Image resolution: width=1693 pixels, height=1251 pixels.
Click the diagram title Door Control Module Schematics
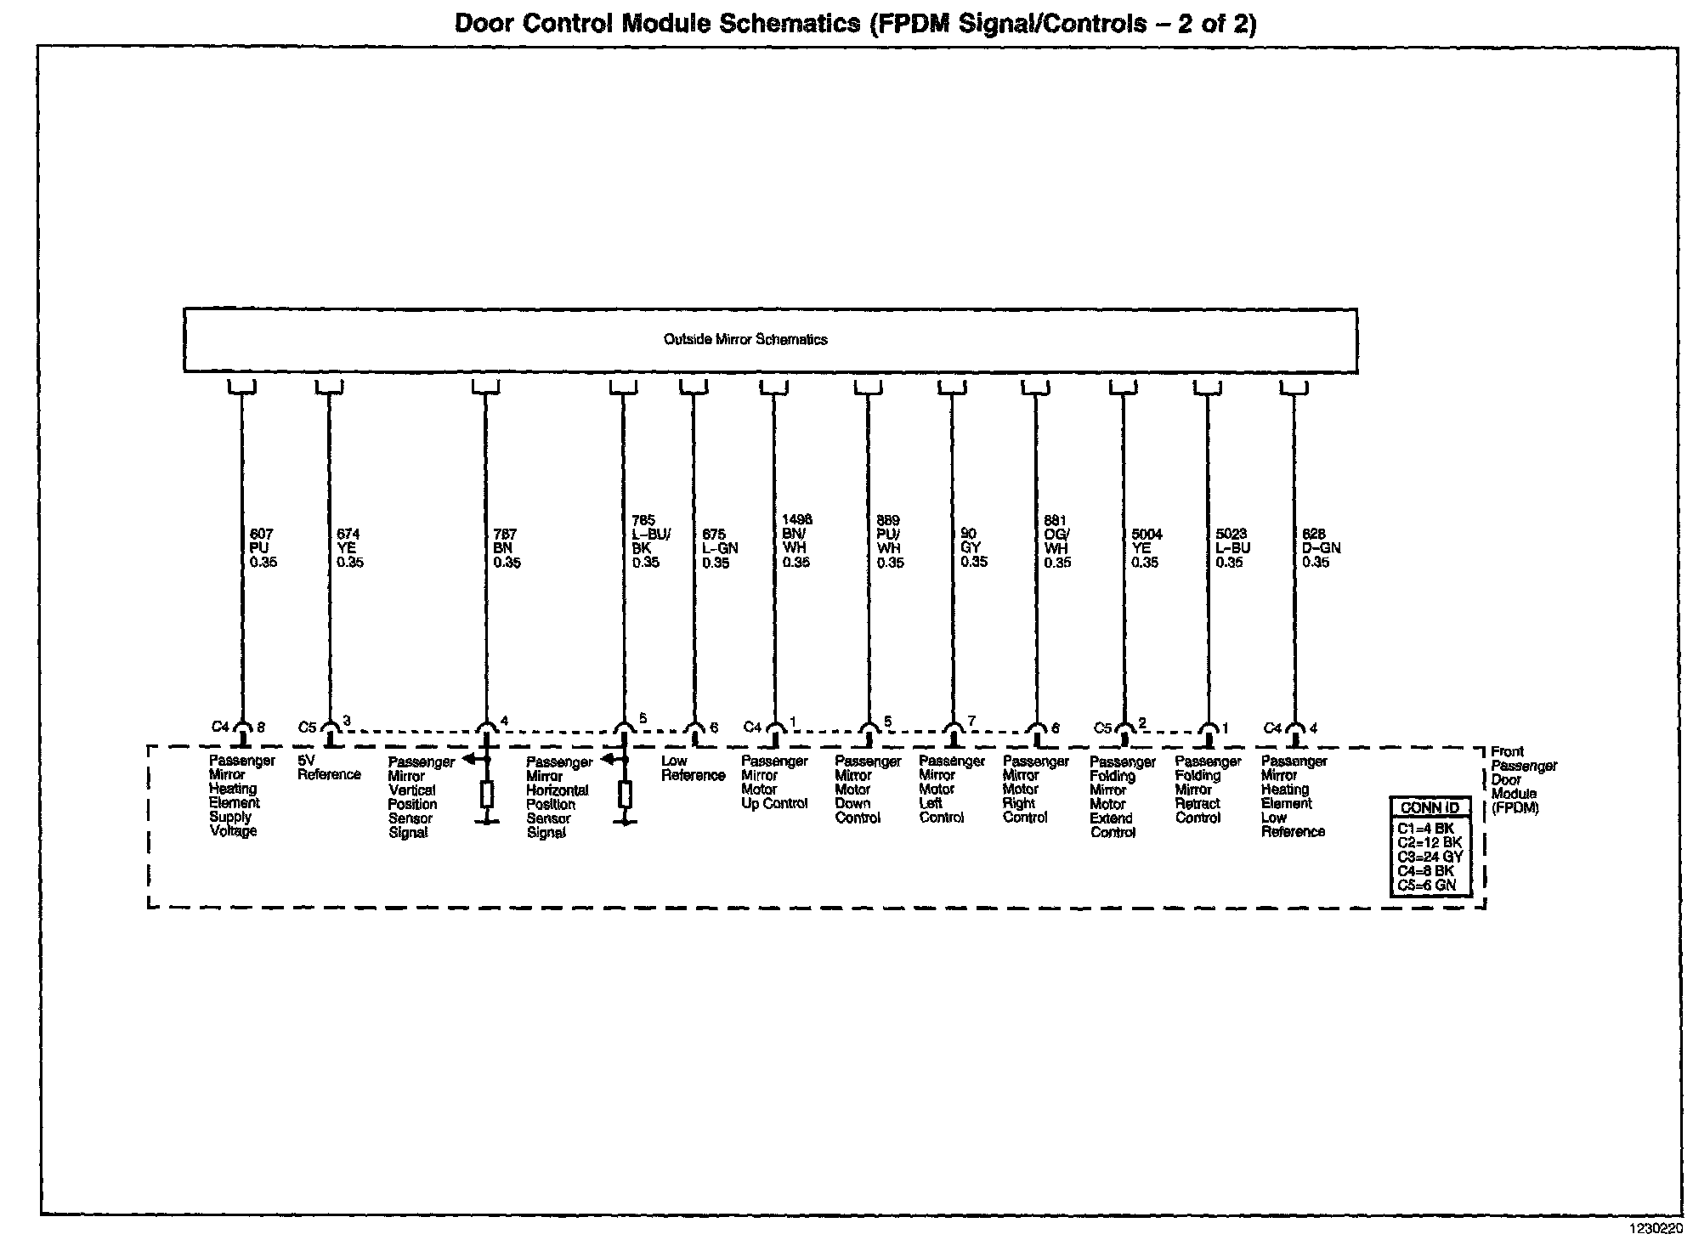pos(855,23)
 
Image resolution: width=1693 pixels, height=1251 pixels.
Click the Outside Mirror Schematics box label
pos(745,340)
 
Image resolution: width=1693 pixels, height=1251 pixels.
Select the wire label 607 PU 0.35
pos(263,548)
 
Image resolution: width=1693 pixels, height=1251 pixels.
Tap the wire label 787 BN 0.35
pos(506,548)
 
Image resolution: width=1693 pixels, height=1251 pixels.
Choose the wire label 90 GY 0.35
pos(973,548)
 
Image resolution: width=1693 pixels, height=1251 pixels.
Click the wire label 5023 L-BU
pos(1232,548)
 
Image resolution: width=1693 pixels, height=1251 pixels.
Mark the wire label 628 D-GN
pos(1321,548)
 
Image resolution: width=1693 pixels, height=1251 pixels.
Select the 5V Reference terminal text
pos(328,767)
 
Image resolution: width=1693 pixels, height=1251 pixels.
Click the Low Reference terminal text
pos(693,768)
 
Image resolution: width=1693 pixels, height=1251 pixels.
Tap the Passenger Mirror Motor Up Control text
pos(774,782)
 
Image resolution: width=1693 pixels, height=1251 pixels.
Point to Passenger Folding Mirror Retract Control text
pos(1208,790)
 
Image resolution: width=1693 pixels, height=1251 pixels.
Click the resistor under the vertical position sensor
pos(487,795)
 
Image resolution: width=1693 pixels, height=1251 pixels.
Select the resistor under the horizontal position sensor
pos(625,795)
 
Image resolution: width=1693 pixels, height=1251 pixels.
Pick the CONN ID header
pos(1430,807)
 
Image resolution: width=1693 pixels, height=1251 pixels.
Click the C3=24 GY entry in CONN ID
pos(1430,857)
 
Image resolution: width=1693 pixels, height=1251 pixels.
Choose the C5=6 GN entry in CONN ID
pos(1426,885)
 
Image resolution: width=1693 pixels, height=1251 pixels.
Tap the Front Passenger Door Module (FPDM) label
pos(1523,779)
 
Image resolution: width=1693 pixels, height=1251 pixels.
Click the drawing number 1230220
pos(1654,1228)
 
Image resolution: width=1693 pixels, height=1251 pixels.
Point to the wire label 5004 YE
pos(1146,548)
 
